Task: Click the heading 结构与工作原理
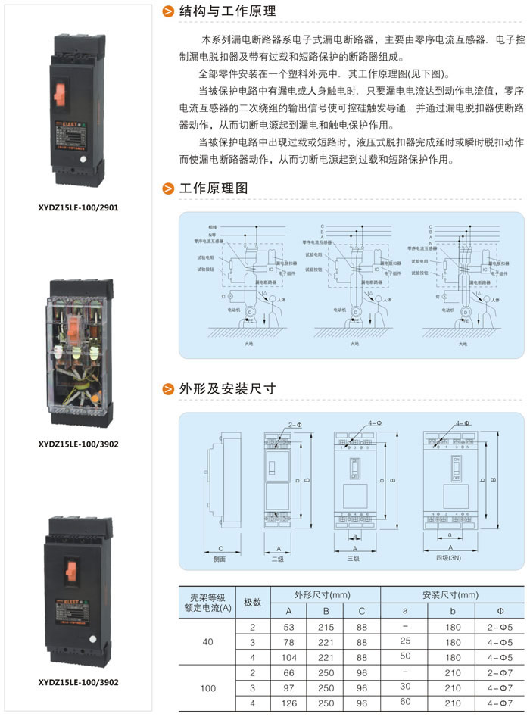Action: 227,12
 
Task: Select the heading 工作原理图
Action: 213,189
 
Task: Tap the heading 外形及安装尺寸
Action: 227,389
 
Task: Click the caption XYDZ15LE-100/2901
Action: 78,206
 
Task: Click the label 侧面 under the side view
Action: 220,559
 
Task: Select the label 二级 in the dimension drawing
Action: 278,559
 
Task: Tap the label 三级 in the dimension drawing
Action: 354,559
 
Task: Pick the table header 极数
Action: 252,603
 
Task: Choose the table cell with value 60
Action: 404,703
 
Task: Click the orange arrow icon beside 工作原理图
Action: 168,189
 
